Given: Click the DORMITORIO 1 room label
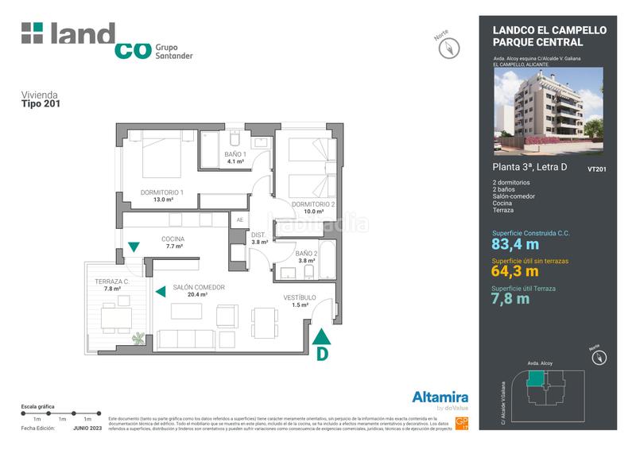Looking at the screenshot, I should (x=162, y=192).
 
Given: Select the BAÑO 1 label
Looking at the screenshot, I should (x=235, y=154).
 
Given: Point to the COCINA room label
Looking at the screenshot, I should (x=173, y=239).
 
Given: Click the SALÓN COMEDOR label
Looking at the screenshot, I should (x=199, y=287).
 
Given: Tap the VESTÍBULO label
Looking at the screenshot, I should (x=300, y=297).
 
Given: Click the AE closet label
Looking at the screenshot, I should (x=239, y=219).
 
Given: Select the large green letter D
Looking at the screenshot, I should (x=322, y=354).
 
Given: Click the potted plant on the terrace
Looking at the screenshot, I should (x=140, y=339).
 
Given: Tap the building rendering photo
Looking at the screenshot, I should (x=548, y=110).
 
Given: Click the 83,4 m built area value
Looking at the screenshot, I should (x=515, y=244).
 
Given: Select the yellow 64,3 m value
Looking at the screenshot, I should (x=515, y=272).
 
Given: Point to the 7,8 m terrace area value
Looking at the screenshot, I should (x=510, y=299).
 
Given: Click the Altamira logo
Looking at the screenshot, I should (x=440, y=398).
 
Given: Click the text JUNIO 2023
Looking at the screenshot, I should (x=88, y=428).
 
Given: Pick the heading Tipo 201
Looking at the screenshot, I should (x=41, y=103).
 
